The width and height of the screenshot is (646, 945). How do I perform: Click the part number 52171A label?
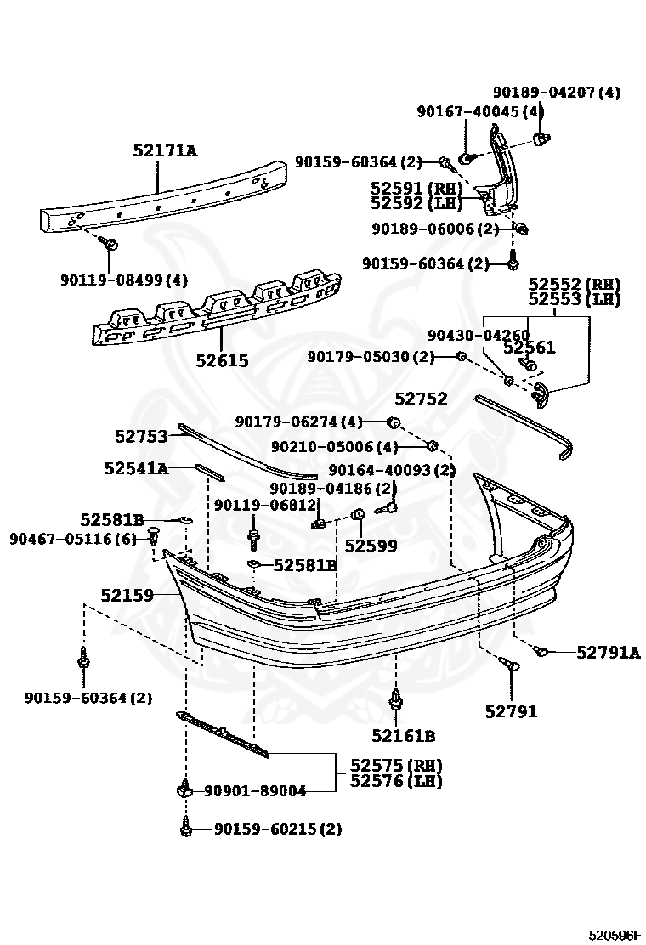coord(164,151)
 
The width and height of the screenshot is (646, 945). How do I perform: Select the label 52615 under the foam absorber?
coord(222,360)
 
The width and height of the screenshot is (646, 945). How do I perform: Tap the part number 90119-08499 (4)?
coord(124,280)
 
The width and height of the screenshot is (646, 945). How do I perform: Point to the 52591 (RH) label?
coord(416,189)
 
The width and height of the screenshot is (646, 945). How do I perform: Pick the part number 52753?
coord(141,437)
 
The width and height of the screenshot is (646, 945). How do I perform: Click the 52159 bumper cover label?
coord(127,596)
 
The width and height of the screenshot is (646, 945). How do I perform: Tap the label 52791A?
coord(608,652)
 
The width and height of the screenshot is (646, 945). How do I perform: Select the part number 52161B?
coord(403,736)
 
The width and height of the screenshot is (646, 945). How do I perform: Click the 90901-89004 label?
coord(255,790)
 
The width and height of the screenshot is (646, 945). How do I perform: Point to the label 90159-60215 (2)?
coord(277,829)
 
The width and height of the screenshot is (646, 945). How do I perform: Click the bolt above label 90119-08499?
coord(110,245)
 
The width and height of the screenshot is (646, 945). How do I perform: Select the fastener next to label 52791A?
coord(541,652)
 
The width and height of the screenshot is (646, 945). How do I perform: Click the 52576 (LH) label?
coord(396,780)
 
